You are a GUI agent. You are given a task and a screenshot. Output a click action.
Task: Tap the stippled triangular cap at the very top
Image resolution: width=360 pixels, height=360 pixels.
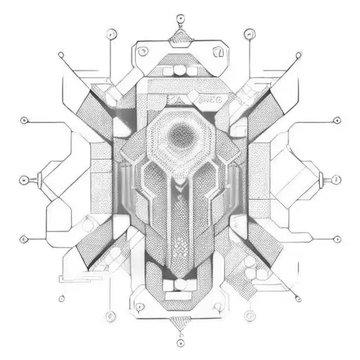tap(180, 35)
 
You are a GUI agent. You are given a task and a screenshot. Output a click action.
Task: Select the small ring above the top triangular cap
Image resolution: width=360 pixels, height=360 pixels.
tap(180, 15)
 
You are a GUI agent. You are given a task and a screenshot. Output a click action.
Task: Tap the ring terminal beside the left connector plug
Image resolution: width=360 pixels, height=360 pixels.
tap(25, 179)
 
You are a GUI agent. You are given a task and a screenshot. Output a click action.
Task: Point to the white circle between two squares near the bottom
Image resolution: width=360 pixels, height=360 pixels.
tap(179, 284)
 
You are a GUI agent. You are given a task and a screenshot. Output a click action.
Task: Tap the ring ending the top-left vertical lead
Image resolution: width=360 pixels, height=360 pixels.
tap(110, 32)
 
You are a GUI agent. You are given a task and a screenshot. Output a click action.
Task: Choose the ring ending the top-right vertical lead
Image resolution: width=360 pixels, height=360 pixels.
tap(248, 32)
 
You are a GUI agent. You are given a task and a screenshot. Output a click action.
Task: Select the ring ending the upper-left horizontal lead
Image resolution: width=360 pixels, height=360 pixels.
tap(25, 120)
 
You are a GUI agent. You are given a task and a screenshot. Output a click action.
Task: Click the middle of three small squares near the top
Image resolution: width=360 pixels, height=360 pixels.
tap(180, 70)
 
